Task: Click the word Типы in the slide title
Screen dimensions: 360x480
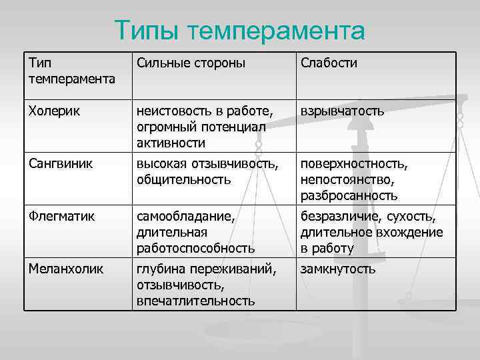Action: click(x=147, y=30)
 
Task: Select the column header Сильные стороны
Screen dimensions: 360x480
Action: click(x=191, y=63)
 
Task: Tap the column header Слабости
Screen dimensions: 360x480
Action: click(x=329, y=63)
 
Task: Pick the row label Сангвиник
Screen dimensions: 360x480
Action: click(x=61, y=163)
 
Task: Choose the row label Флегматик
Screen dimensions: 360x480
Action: click(x=61, y=216)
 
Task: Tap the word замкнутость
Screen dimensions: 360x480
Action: click(x=338, y=269)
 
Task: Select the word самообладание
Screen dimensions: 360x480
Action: click(x=183, y=216)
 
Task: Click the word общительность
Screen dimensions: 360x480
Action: click(x=183, y=179)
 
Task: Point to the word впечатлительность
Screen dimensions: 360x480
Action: click(x=195, y=301)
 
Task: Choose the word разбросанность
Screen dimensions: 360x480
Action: click(x=349, y=195)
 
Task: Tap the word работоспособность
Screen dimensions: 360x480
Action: click(x=195, y=248)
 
